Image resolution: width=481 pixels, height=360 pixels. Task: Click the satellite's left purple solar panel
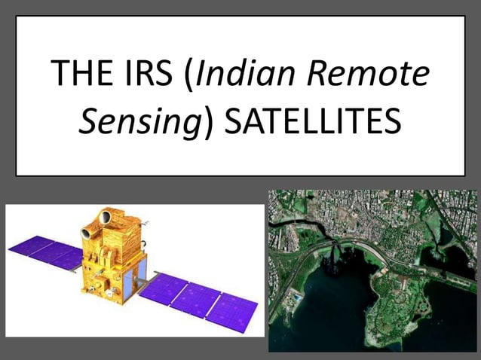pyautogui.click(x=44, y=252)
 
